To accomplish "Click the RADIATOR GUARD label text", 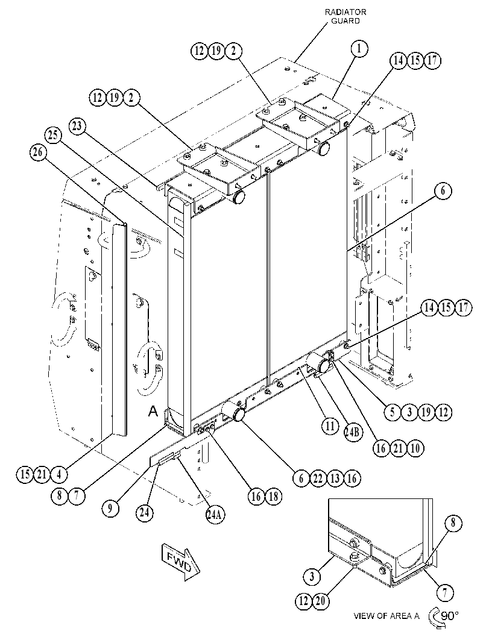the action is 345,16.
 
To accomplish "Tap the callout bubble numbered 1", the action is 359,48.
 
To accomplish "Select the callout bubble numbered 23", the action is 77,126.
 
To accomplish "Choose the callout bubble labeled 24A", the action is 215,515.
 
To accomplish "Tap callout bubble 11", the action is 330,425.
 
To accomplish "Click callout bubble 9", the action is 110,508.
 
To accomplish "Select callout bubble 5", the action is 393,412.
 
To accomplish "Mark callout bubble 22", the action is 318,478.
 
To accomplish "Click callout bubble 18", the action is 274,496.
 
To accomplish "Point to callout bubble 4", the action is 59,474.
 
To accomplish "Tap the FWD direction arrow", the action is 180,562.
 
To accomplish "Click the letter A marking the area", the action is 153,412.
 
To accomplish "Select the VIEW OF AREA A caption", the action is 386,616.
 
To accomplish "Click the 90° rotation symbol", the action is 443,617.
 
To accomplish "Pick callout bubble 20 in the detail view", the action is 320,601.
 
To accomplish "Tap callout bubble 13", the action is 335,478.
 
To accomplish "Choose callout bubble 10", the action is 415,448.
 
